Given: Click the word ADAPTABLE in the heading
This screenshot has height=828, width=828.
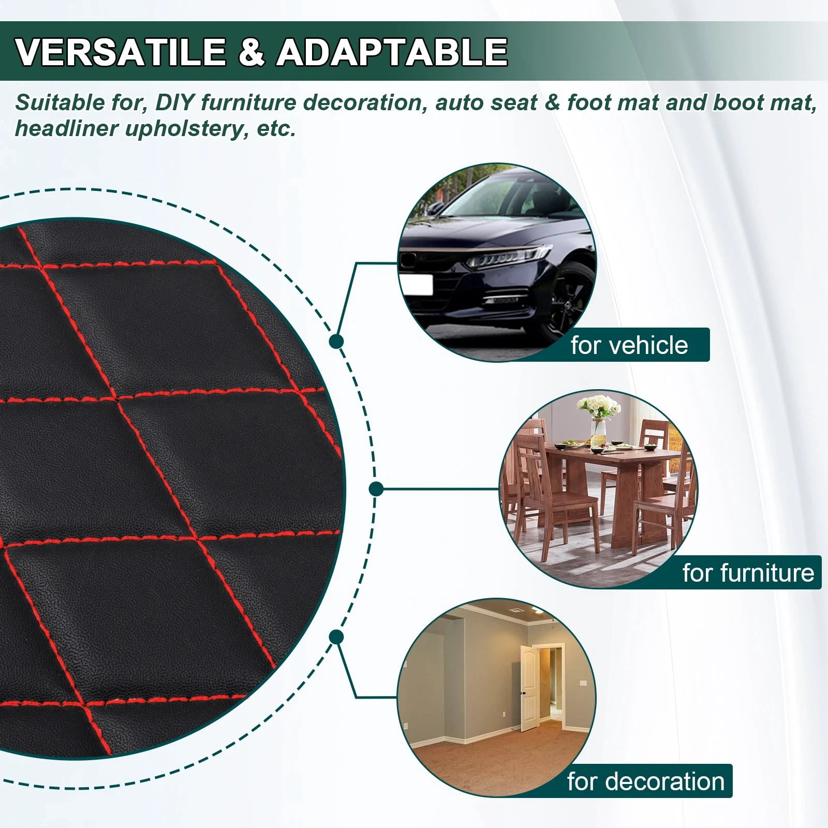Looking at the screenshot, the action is [392, 51].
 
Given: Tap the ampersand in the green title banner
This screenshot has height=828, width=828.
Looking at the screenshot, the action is [252, 51].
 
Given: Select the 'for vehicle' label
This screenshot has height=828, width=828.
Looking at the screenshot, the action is [629, 345].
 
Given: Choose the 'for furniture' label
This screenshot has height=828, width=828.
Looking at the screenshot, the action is [748, 572].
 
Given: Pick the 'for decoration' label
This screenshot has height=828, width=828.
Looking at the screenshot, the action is [646, 781].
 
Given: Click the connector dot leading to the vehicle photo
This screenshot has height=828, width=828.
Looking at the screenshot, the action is [336, 341].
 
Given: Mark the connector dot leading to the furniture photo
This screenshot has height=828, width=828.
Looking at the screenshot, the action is [376, 489].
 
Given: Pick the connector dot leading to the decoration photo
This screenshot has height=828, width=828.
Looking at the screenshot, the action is [336, 637].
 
